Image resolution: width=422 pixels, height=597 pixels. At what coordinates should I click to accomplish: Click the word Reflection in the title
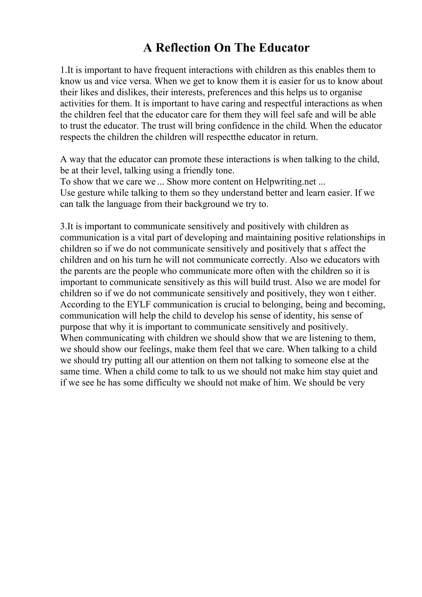(183, 48)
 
